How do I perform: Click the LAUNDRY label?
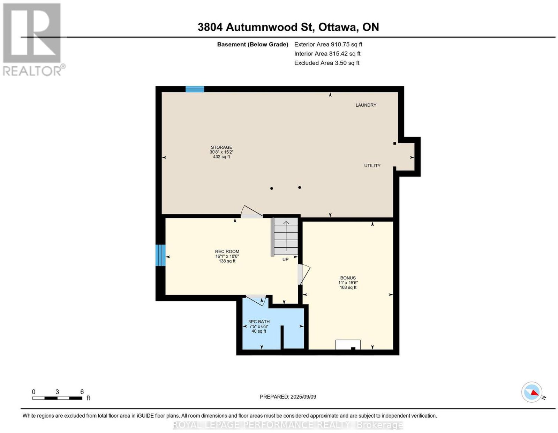pos(366,105)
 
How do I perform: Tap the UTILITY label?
pos(372,165)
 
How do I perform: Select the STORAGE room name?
pos(221,147)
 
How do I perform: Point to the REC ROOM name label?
pos(227,252)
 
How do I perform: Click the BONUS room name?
pos(348,278)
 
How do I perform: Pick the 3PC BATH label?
pos(259,322)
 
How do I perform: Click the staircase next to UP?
pos(286,236)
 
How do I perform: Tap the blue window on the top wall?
pos(195,89)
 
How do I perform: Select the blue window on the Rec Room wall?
pos(160,255)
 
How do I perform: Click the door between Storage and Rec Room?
pos(252,213)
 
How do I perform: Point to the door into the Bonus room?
pos(303,274)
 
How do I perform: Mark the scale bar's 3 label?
pos(57,392)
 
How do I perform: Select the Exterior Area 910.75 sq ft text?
pos(328,44)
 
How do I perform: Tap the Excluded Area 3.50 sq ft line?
pos(327,63)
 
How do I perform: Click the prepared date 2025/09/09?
pos(303,396)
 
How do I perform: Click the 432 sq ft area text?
pos(221,157)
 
